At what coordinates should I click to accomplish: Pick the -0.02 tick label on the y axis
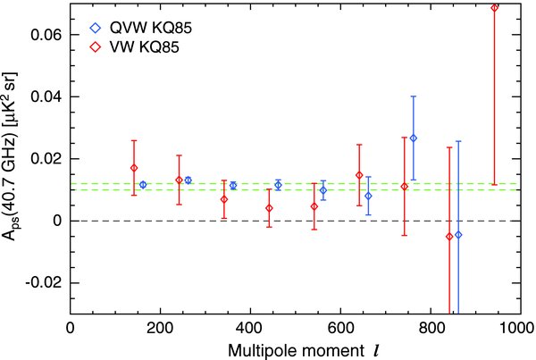click(42, 282)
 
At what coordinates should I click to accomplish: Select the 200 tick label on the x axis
click(160, 328)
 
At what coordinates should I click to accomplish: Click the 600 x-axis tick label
click(340, 328)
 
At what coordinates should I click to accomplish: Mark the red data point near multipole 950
click(495, 8)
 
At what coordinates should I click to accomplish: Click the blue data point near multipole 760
click(413, 138)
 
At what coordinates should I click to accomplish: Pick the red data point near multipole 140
click(134, 168)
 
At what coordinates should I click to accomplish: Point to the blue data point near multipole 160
click(143, 184)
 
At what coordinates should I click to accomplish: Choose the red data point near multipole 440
click(269, 207)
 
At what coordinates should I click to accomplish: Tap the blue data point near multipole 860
click(458, 234)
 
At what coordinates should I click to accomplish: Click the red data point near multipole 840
click(449, 236)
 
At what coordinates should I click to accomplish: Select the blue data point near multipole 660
click(368, 196)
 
